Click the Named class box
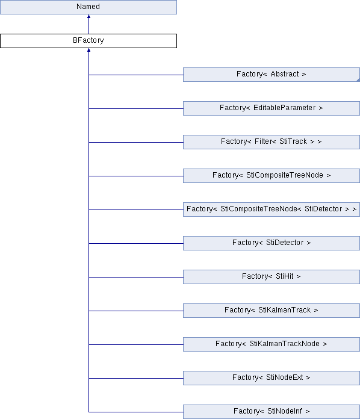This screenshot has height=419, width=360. (88, 7)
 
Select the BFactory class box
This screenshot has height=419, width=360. (88, 41)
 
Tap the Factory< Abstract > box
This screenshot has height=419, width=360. (272, 75)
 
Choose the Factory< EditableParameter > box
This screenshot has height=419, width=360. (272, 108)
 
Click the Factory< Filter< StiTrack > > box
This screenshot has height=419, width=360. (272, 142)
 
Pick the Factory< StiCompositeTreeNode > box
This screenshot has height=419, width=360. (272, 176)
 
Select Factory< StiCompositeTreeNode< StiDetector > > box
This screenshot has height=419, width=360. (272, 209)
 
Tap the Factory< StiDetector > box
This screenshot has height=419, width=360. (272, 243)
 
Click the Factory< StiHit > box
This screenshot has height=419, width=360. (272, 276)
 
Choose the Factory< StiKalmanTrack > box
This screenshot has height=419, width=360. (272, 310)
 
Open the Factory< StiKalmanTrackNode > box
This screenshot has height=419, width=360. (272, 344)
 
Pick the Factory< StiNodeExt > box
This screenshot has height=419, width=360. (272, 377)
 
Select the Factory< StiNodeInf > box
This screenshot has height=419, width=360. (272, 412)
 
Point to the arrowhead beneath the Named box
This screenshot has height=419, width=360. (88, 16)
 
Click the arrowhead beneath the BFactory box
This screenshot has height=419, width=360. (88, 50)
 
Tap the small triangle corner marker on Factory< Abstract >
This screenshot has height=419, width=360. (358, 80)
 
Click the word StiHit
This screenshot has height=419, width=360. (284, 276)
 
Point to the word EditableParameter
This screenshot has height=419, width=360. (284, 108)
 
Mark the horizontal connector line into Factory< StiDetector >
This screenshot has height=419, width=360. (136, 243)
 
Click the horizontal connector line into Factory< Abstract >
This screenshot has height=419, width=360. (136, 75)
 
